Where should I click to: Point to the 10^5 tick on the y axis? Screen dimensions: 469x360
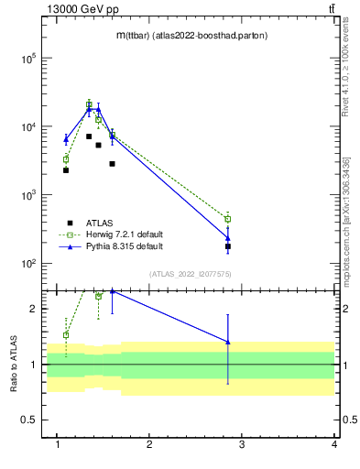[x=27, y=58]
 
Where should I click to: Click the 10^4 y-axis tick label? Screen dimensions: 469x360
[x=27, y=126]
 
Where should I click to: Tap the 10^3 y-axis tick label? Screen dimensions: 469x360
[x=27, y=195]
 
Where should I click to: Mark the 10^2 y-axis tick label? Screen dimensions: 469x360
[x=27, y=264]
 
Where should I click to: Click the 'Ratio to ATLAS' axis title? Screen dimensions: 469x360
[x=13, y=364]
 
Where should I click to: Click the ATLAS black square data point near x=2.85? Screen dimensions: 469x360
[x=228, y=246]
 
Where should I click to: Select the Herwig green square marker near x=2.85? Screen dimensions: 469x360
[x=228, y=219]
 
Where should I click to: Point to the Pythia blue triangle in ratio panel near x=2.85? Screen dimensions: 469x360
[x=228, y=342]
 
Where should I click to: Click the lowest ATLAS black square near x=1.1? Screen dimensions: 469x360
[x=66, y=170]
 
